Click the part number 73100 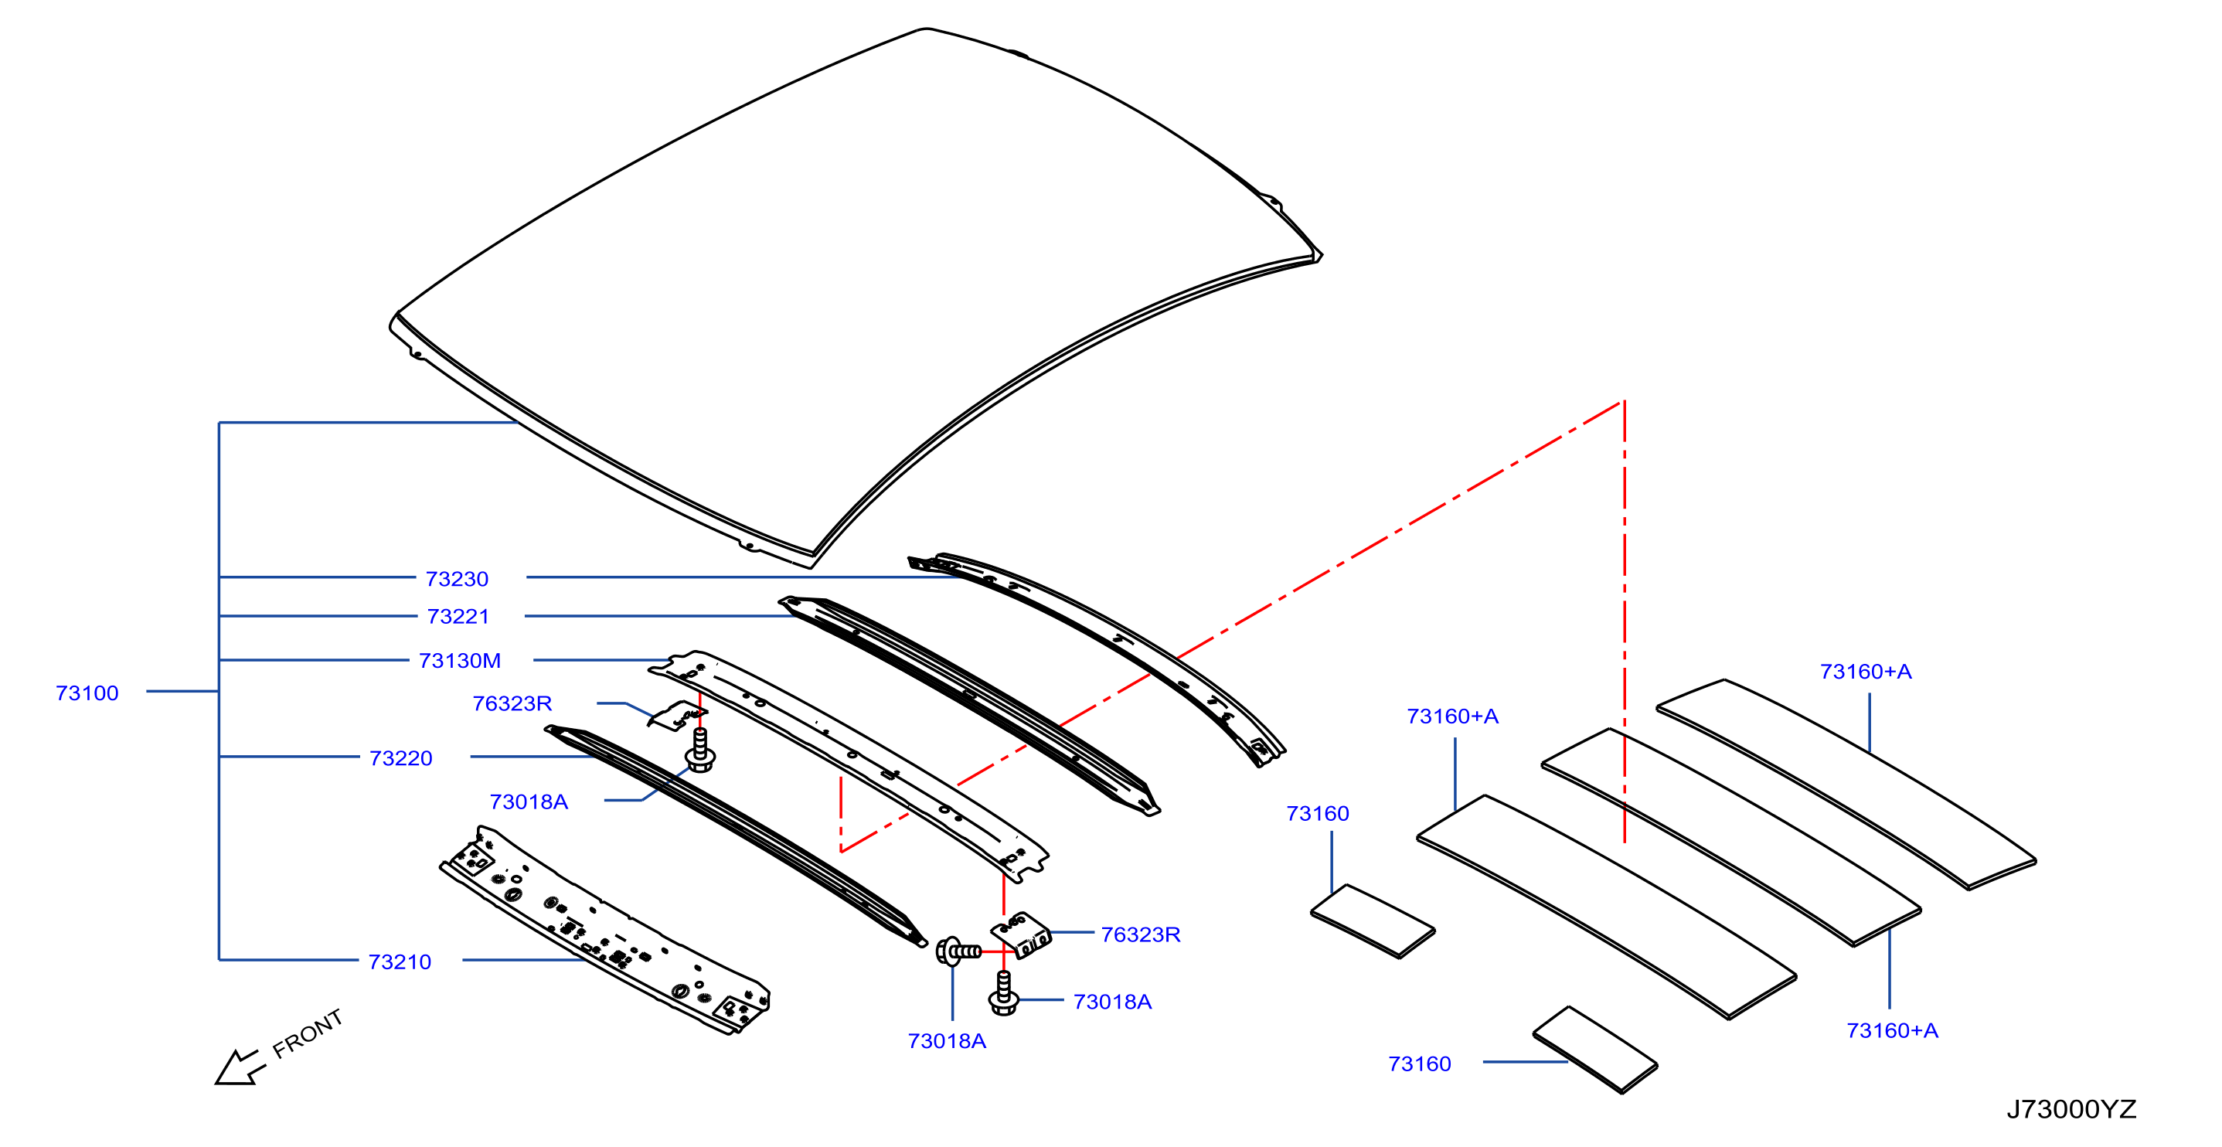(87, 693)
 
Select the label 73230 (458, 579)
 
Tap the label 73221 (458, 617)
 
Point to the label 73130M (460, 661)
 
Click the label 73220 (401, 758)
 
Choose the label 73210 (400, 962)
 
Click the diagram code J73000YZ (2071, 1109)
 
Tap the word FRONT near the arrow (308, 1033)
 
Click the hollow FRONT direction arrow (240, 1067)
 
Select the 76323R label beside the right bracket (1140, 934)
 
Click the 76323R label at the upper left (512, 703)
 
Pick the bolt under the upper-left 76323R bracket (699, 750)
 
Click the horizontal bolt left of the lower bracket (958, 951)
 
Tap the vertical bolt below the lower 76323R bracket (1003, 993)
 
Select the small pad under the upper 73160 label (1373, 921)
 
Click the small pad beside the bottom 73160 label (1595, 1050)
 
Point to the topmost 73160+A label (1866, 672)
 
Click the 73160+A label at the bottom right (1893, 1030)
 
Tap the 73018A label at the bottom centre (947, 1041)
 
